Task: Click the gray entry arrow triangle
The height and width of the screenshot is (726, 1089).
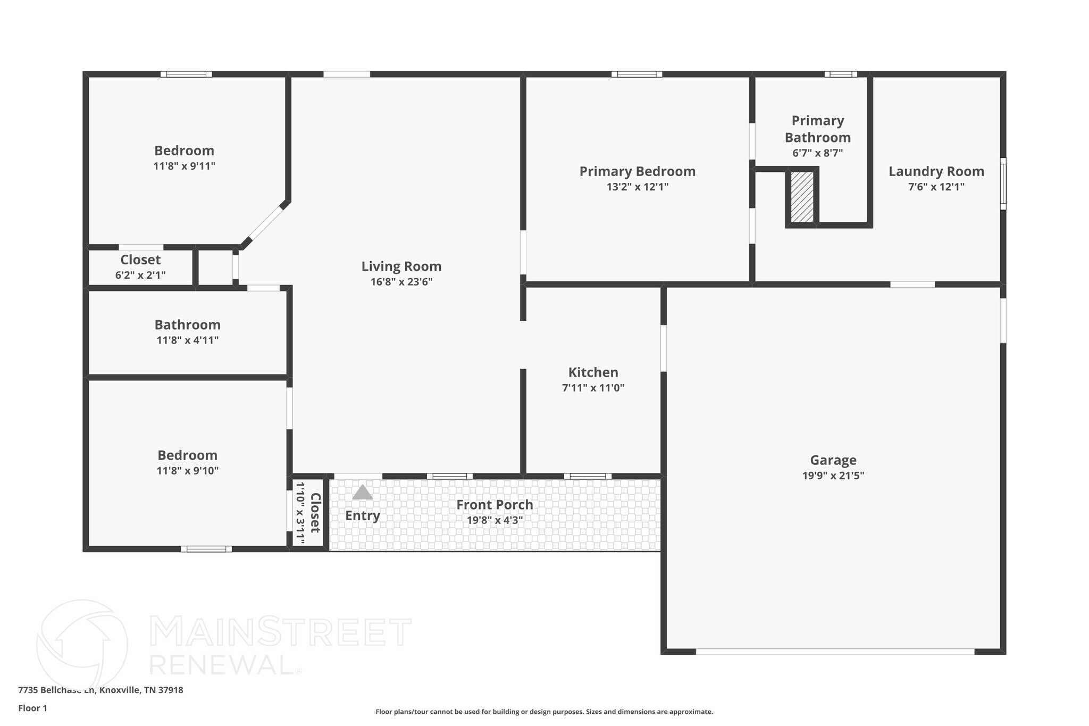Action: [x=363, y=493]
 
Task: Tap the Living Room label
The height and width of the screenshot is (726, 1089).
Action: [x=401, y=266]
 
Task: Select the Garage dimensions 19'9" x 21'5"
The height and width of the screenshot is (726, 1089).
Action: [x=833, y=475]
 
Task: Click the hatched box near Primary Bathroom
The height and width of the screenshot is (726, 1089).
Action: [x=802, y=197]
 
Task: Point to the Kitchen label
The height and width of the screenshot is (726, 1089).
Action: [x=593, y=372]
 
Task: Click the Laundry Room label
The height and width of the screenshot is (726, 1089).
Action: [x=936, y=171]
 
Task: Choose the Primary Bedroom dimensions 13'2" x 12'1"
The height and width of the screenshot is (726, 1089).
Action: [x=637, y=187]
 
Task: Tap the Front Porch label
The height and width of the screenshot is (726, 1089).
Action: [x=495, y=505]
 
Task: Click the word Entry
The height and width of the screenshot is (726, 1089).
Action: [x=363, y=515]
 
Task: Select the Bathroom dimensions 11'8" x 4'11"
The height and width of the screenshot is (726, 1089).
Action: [x=187, y=340]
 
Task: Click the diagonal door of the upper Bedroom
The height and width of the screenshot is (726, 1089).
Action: [x=266, y=223]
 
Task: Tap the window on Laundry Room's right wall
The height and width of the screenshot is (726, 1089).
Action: [x=1003, y=183]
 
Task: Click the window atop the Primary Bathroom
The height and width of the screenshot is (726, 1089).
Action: [x=841, y=74]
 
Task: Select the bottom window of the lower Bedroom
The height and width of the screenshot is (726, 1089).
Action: [x=206, y=549]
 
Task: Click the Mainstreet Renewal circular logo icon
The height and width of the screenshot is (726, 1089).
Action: [x=82, y=645]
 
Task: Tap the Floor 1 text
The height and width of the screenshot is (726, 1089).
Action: [x=33, y=708]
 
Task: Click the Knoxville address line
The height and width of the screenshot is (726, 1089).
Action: [x=100, y=690]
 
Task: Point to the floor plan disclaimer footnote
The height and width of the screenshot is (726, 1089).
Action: [x=544, y=712]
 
